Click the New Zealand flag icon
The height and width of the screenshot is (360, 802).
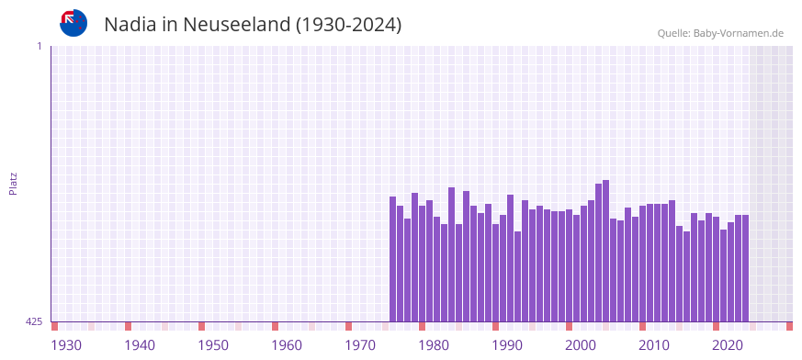(x=73, y=23)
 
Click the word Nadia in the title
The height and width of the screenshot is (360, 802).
(x=130, y=25)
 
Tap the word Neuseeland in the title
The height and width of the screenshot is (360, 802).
(x=236, y=25)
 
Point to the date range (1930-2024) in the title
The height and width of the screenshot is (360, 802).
(x=348, y=25)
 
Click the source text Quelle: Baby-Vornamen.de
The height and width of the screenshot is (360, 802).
(x=720, y=33)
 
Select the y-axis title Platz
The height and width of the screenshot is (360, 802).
(x=13, y=183)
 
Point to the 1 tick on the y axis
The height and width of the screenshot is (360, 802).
(x=40, y=46)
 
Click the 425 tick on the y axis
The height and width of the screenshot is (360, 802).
(x=34, y=321)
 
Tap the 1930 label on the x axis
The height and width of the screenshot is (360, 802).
(x=66, y=345)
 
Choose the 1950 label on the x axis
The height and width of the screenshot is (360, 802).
(x=213, y=345)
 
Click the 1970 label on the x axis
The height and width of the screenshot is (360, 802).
(x=360, y=345)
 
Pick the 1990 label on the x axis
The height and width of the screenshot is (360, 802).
(x=507, y=345)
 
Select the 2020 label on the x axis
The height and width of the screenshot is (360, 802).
(x=728, y=345)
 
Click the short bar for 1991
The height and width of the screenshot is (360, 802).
(x=518, y=276)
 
